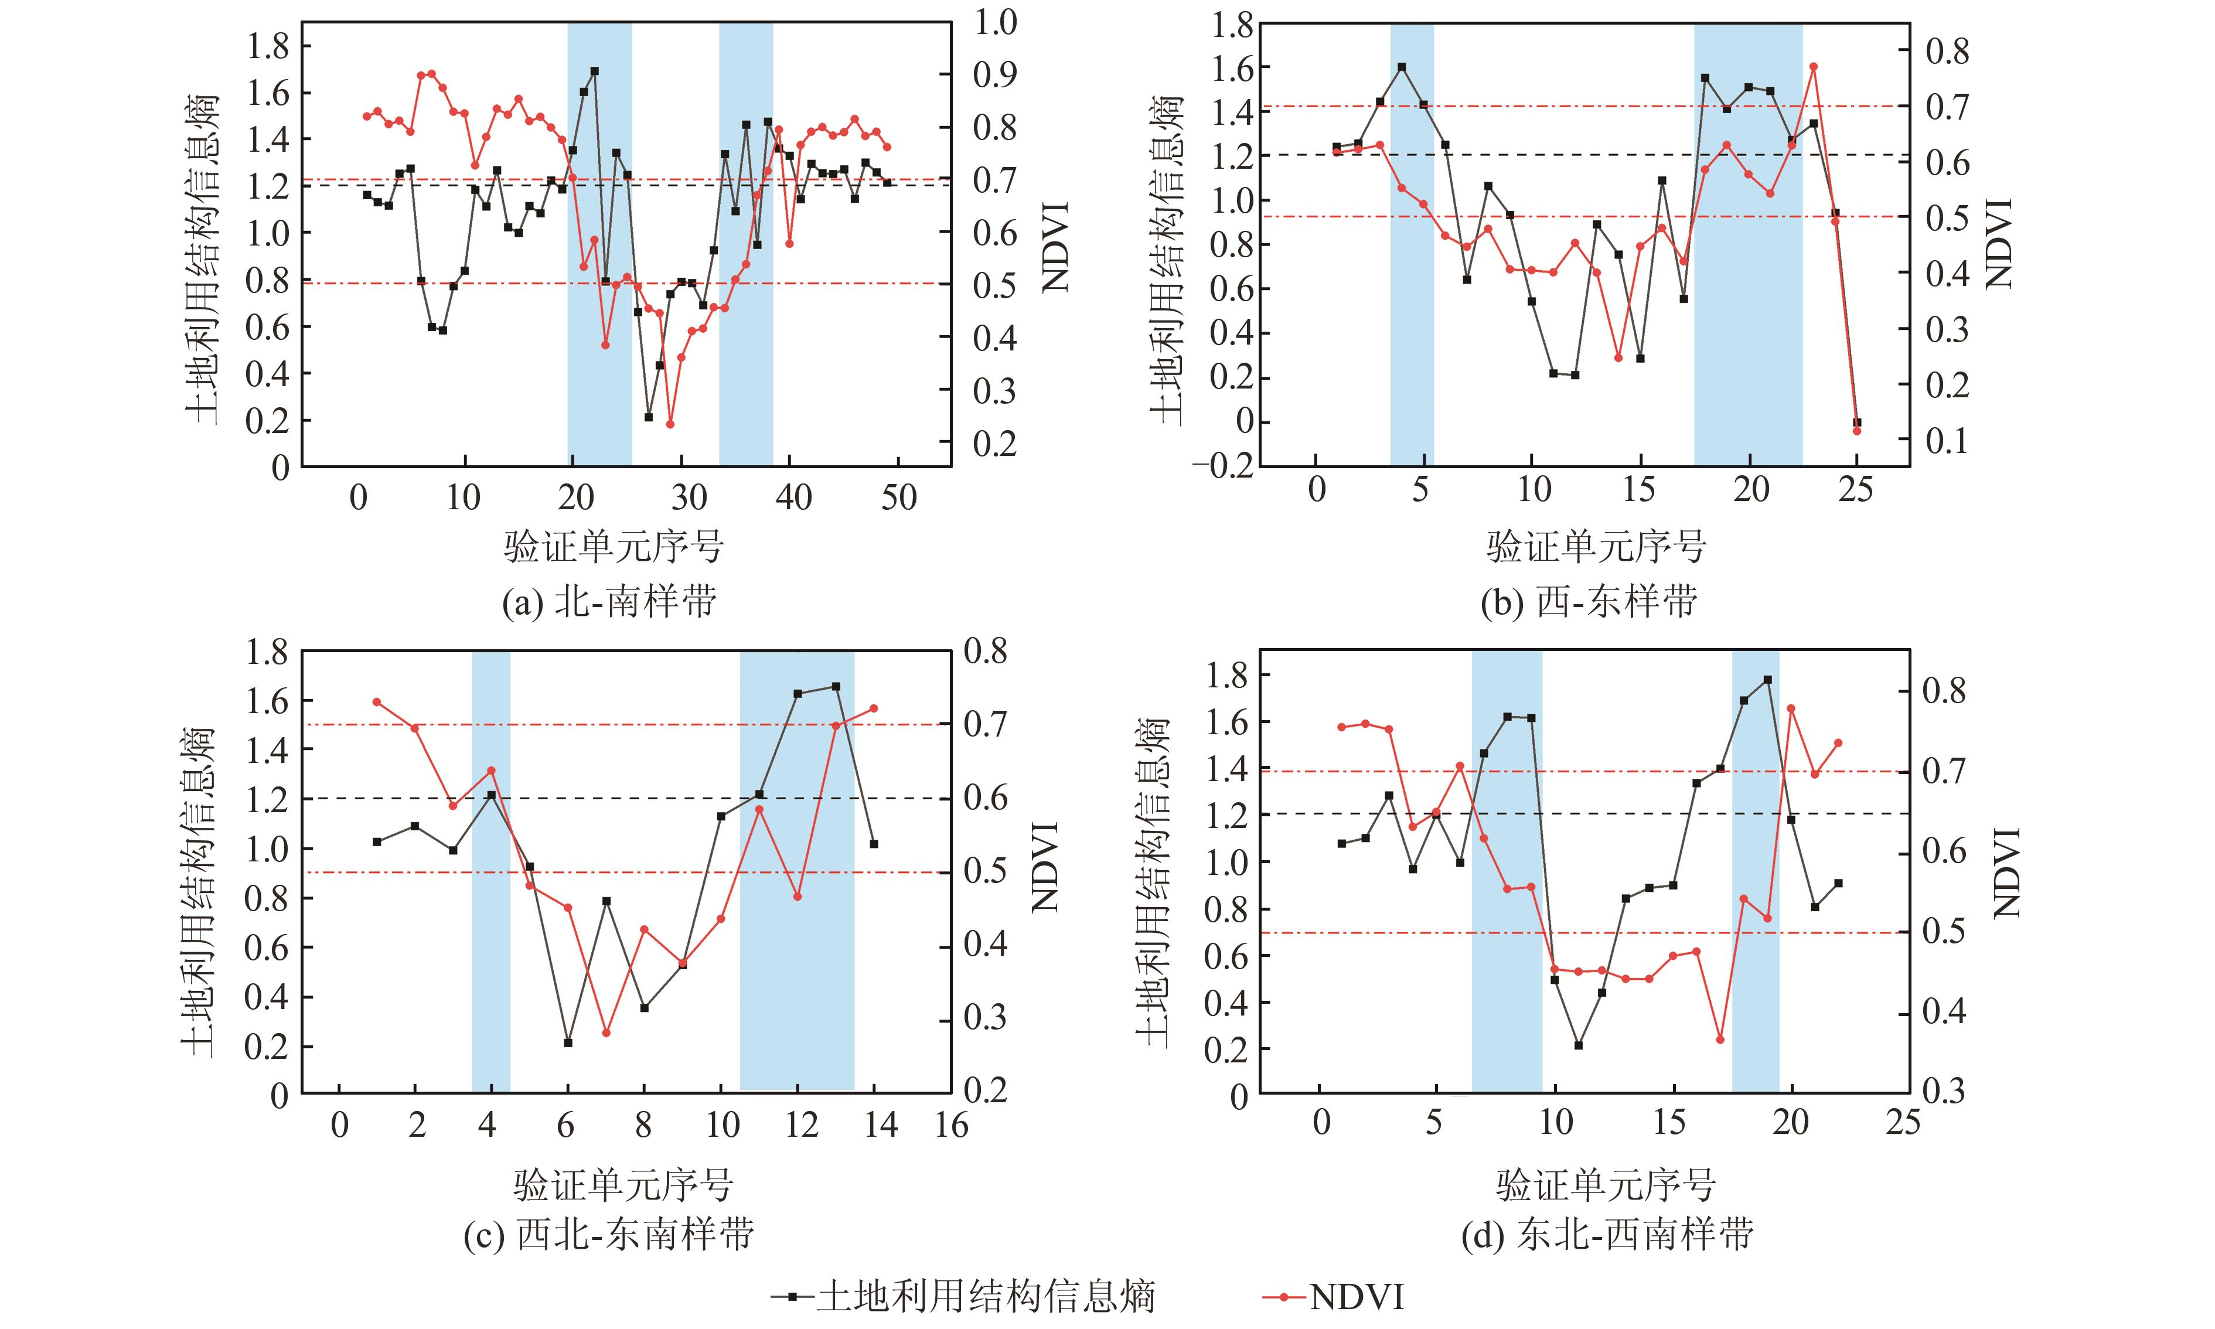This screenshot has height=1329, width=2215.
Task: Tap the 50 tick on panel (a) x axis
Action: tap(898, 498)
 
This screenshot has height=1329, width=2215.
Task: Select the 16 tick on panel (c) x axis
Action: tap(951, 1126)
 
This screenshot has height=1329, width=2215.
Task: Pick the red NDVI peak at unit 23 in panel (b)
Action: tap(1813, 66)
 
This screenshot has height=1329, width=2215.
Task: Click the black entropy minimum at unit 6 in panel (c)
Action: tap(568, 1042)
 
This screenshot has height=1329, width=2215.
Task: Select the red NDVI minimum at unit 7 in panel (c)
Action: tap(606, 1032)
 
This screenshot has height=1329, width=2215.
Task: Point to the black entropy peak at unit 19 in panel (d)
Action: tap(1767, 680)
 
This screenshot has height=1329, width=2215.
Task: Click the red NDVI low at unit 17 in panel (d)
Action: tap(1720, 1039)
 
